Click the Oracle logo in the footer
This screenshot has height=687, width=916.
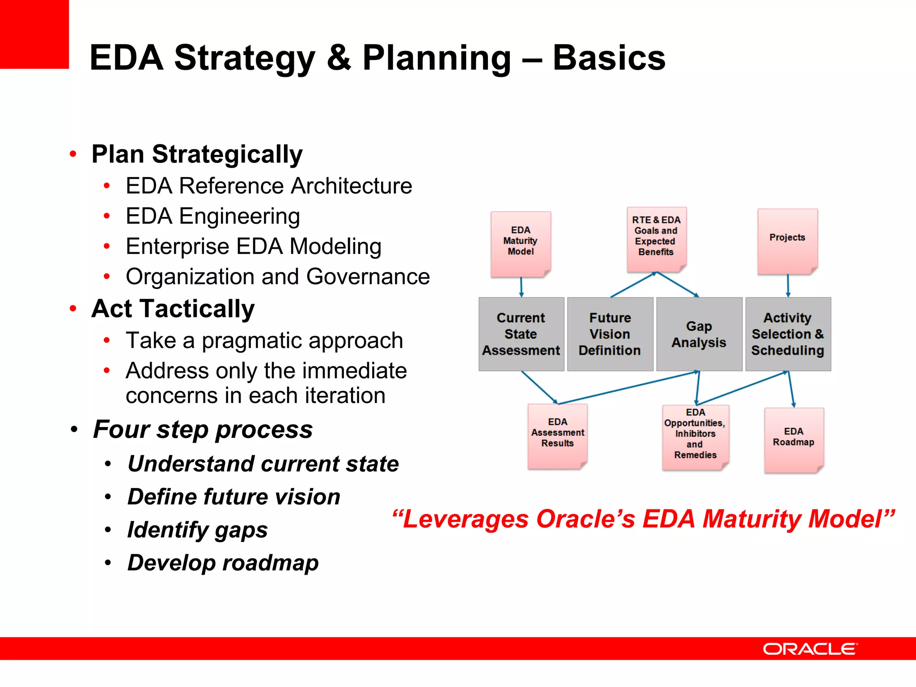[x=810, y=649]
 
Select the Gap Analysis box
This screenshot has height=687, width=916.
[x=699, y=334]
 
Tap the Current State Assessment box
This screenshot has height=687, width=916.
[x=521, y=334]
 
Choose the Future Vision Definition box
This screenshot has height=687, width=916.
[x=610, y=334]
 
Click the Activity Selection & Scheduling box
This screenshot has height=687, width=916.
[x=788, y=334]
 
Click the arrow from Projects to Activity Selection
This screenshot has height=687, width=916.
[x=788, y=285]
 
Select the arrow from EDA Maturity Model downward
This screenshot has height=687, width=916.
[x=521, y=287]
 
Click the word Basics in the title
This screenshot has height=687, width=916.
[x=609, y=58]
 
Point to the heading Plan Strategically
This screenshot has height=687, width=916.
[x=197, y=154]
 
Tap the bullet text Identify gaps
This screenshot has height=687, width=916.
[x=197, y=530]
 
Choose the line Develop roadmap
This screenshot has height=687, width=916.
[x=223, y=563]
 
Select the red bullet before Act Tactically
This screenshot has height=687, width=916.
[x=73, y=309]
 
